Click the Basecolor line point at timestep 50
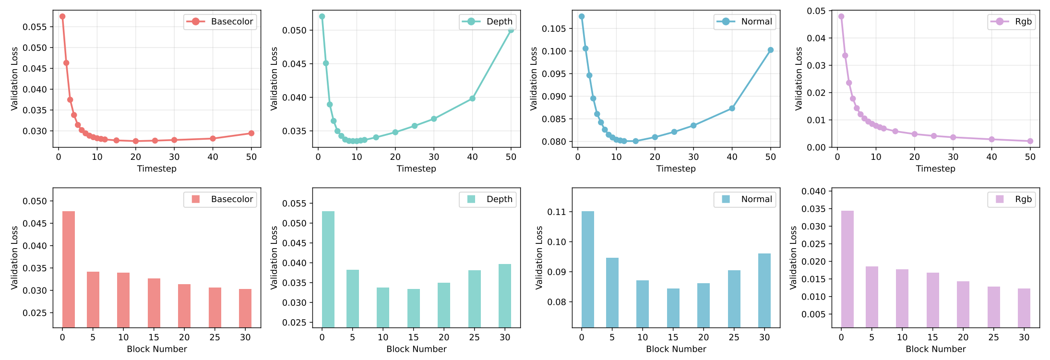click(x=251, y=133)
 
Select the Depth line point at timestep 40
click(x=472, y=98)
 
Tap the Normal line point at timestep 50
click(x=771, y=50)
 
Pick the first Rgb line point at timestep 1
click(x=841, y=16)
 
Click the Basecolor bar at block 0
click(x=69, y=269)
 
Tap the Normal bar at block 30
click(x=764, y=290)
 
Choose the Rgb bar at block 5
click(x=872, y=297)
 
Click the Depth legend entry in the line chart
click(x=488, y=22)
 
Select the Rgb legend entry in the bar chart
click(x=1012, y=199)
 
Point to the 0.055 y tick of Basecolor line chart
click(x=35, y=27)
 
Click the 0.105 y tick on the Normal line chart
click(x=554, y=29)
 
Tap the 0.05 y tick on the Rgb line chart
click(x=816, y=11)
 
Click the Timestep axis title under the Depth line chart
click(x=416, y=168)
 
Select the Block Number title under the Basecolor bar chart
click(x=157, y=349)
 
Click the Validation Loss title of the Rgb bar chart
click(x=794, y=257)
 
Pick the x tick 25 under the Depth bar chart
click(x=475, y=337)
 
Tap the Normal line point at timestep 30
click(x=693, y=126)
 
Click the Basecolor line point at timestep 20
click(x=136, y=141)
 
